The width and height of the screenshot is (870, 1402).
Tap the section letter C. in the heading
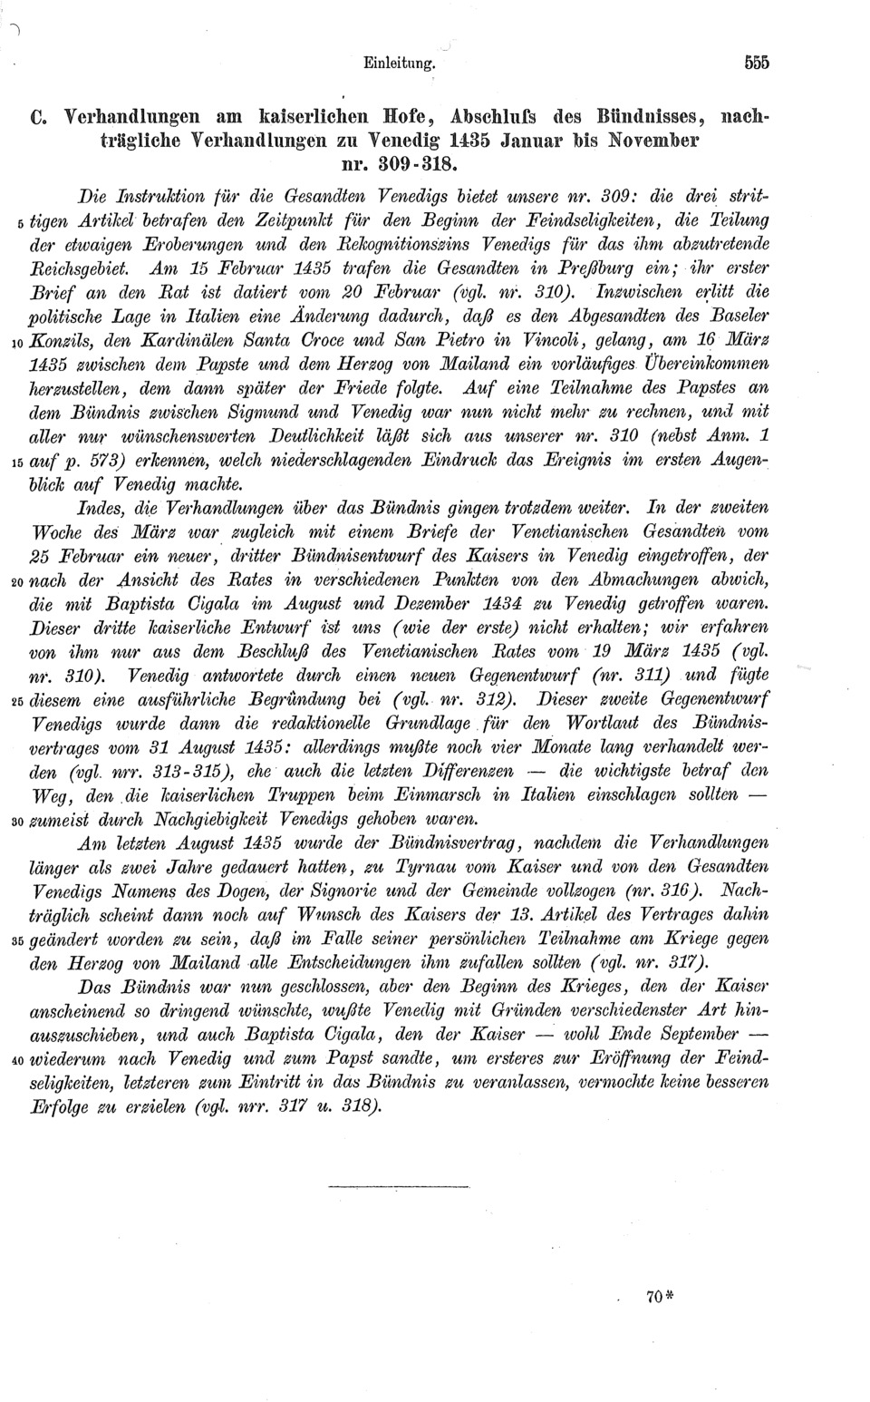point(37,118)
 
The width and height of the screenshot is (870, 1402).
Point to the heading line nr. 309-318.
point(399,166)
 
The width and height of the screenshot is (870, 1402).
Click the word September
point(699,1035)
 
